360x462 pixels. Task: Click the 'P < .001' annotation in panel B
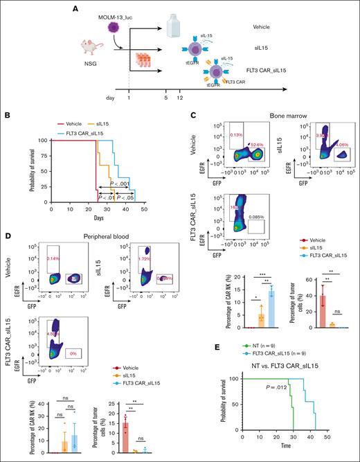point(116,185)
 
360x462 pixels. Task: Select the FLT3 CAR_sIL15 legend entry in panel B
point(91,132)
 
